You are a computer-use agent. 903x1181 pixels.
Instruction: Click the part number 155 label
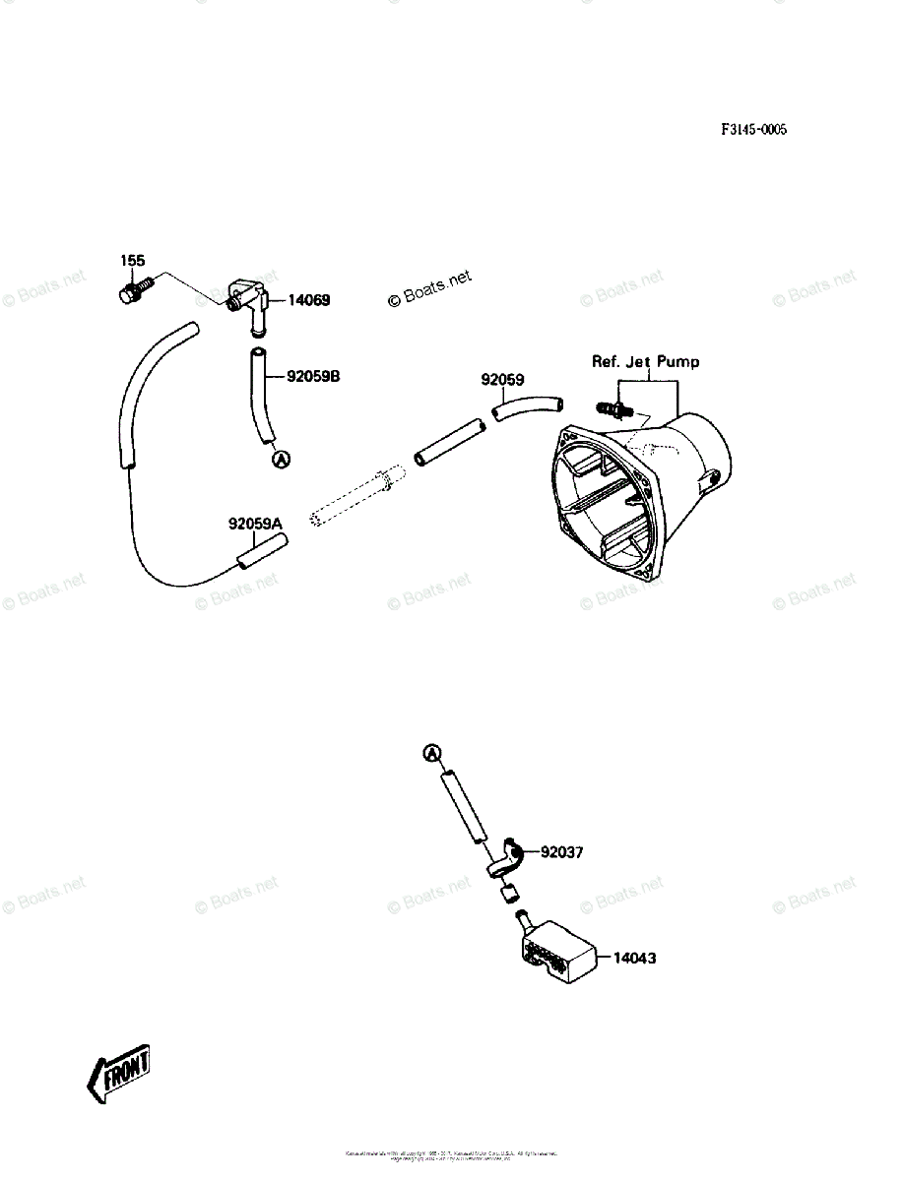click(x=133, y=261)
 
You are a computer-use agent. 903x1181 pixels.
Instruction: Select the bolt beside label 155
click(x=134, y=291)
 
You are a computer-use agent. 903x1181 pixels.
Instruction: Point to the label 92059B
click(x=313, y=376)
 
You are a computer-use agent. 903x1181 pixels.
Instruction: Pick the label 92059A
click(x=255, y=525)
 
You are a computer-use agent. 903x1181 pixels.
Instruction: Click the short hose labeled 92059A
click(x=258, y=553)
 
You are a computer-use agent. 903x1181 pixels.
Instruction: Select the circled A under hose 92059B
click(x=280, y=458)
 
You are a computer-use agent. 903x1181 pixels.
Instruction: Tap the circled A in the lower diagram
click(x=432, y=754)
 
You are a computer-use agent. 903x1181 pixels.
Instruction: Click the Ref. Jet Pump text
click(x=645, y=362)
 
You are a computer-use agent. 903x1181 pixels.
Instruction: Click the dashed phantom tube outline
click(x=355, y=501)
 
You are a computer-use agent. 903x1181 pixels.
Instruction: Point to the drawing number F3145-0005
click(x=753, y=130)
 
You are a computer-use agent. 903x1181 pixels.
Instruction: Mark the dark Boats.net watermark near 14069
click(x=430, y=288)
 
